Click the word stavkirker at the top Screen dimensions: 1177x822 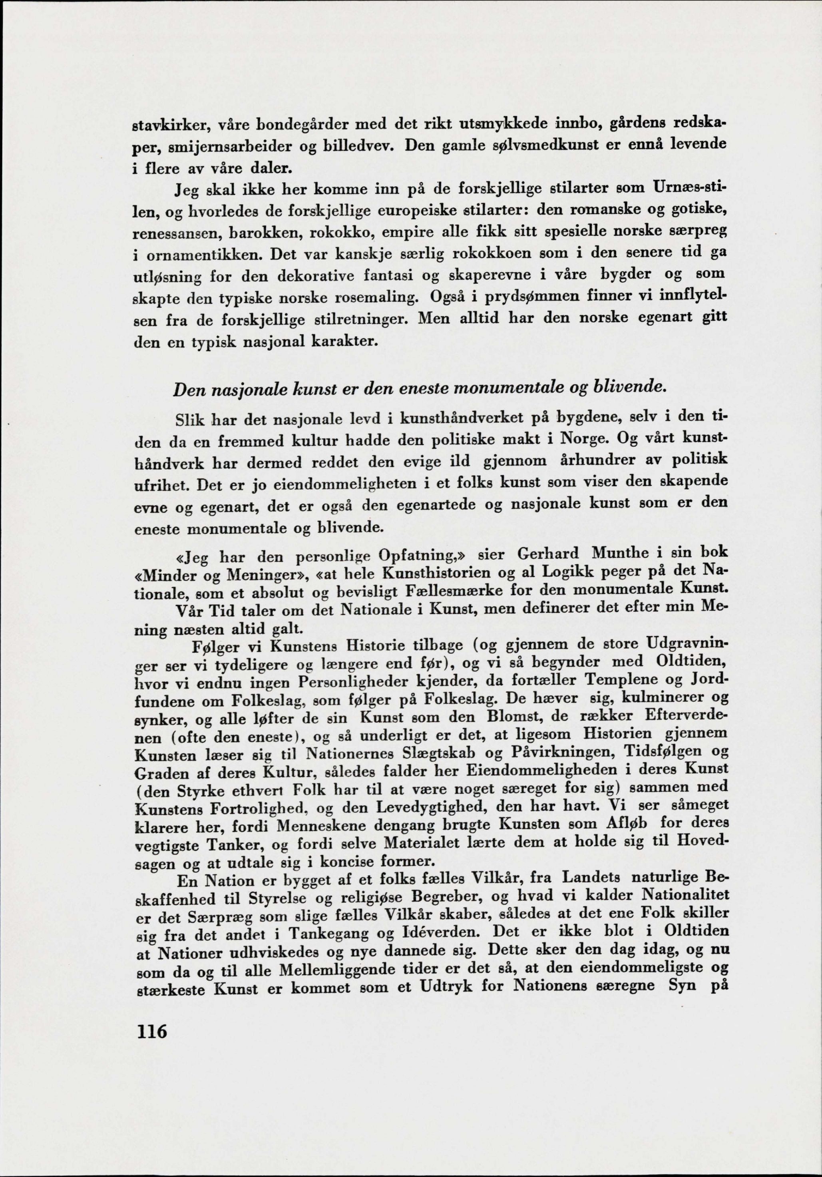171,125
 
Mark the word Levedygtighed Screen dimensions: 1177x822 430,807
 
